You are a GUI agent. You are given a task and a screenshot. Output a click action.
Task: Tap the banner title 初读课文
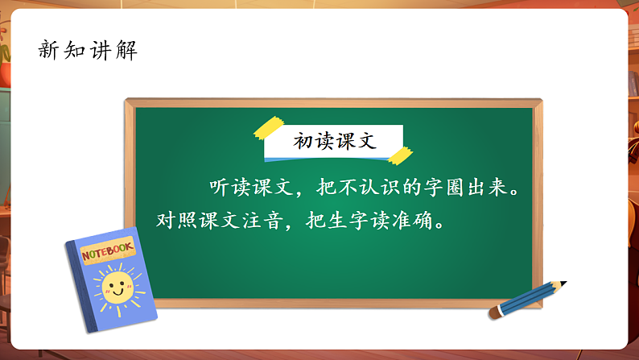334,140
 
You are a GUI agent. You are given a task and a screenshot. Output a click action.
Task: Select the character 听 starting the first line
220,188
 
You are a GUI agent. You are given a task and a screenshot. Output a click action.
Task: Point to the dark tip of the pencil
563,283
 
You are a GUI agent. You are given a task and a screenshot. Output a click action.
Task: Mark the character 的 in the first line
410,188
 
